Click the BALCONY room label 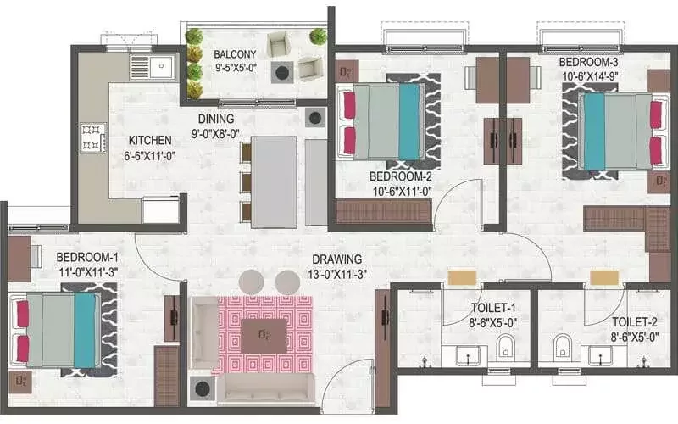235,54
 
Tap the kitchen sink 153,67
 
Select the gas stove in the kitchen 93,138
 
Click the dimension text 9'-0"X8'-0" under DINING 216,134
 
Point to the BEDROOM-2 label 400,176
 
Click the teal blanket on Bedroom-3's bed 594,131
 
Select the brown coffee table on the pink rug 264,336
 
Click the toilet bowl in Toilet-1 505,348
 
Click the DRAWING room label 336,259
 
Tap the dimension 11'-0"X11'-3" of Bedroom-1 89,272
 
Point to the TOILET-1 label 493,308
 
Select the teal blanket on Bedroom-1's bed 85,331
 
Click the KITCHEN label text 150,140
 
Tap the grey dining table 274,182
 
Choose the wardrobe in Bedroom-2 384,212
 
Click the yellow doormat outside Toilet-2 604,278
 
